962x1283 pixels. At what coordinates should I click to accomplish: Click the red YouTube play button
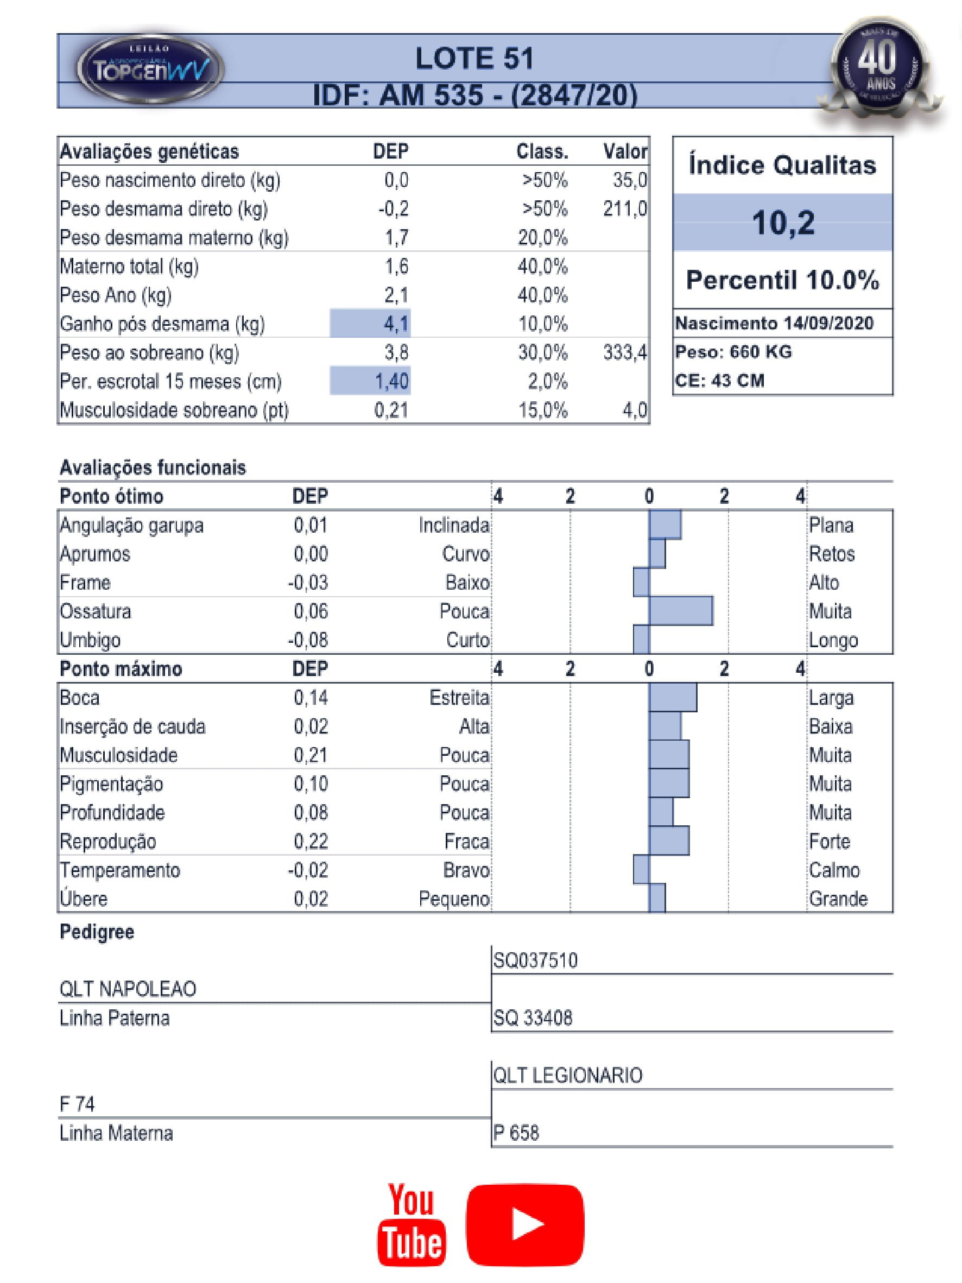525,1224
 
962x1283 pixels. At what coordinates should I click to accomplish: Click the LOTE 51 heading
474,59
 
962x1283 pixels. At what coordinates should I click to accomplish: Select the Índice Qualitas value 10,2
783,222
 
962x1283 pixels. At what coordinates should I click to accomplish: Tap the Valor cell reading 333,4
624,352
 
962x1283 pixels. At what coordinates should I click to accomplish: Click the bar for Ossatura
681,611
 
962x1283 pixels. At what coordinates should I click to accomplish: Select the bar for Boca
673,697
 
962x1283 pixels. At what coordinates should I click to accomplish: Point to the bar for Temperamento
641,869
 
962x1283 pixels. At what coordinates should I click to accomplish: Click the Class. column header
542,151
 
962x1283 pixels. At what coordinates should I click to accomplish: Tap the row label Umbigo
91,640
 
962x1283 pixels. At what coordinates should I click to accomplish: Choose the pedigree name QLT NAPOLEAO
128,989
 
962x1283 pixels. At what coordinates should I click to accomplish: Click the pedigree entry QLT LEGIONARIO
568,1076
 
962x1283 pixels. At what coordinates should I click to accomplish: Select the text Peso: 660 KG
733,351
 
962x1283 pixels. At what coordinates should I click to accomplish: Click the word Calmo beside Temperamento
834,870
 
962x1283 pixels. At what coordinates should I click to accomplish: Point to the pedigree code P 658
516,1133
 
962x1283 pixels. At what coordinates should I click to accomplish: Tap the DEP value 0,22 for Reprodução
311,841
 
